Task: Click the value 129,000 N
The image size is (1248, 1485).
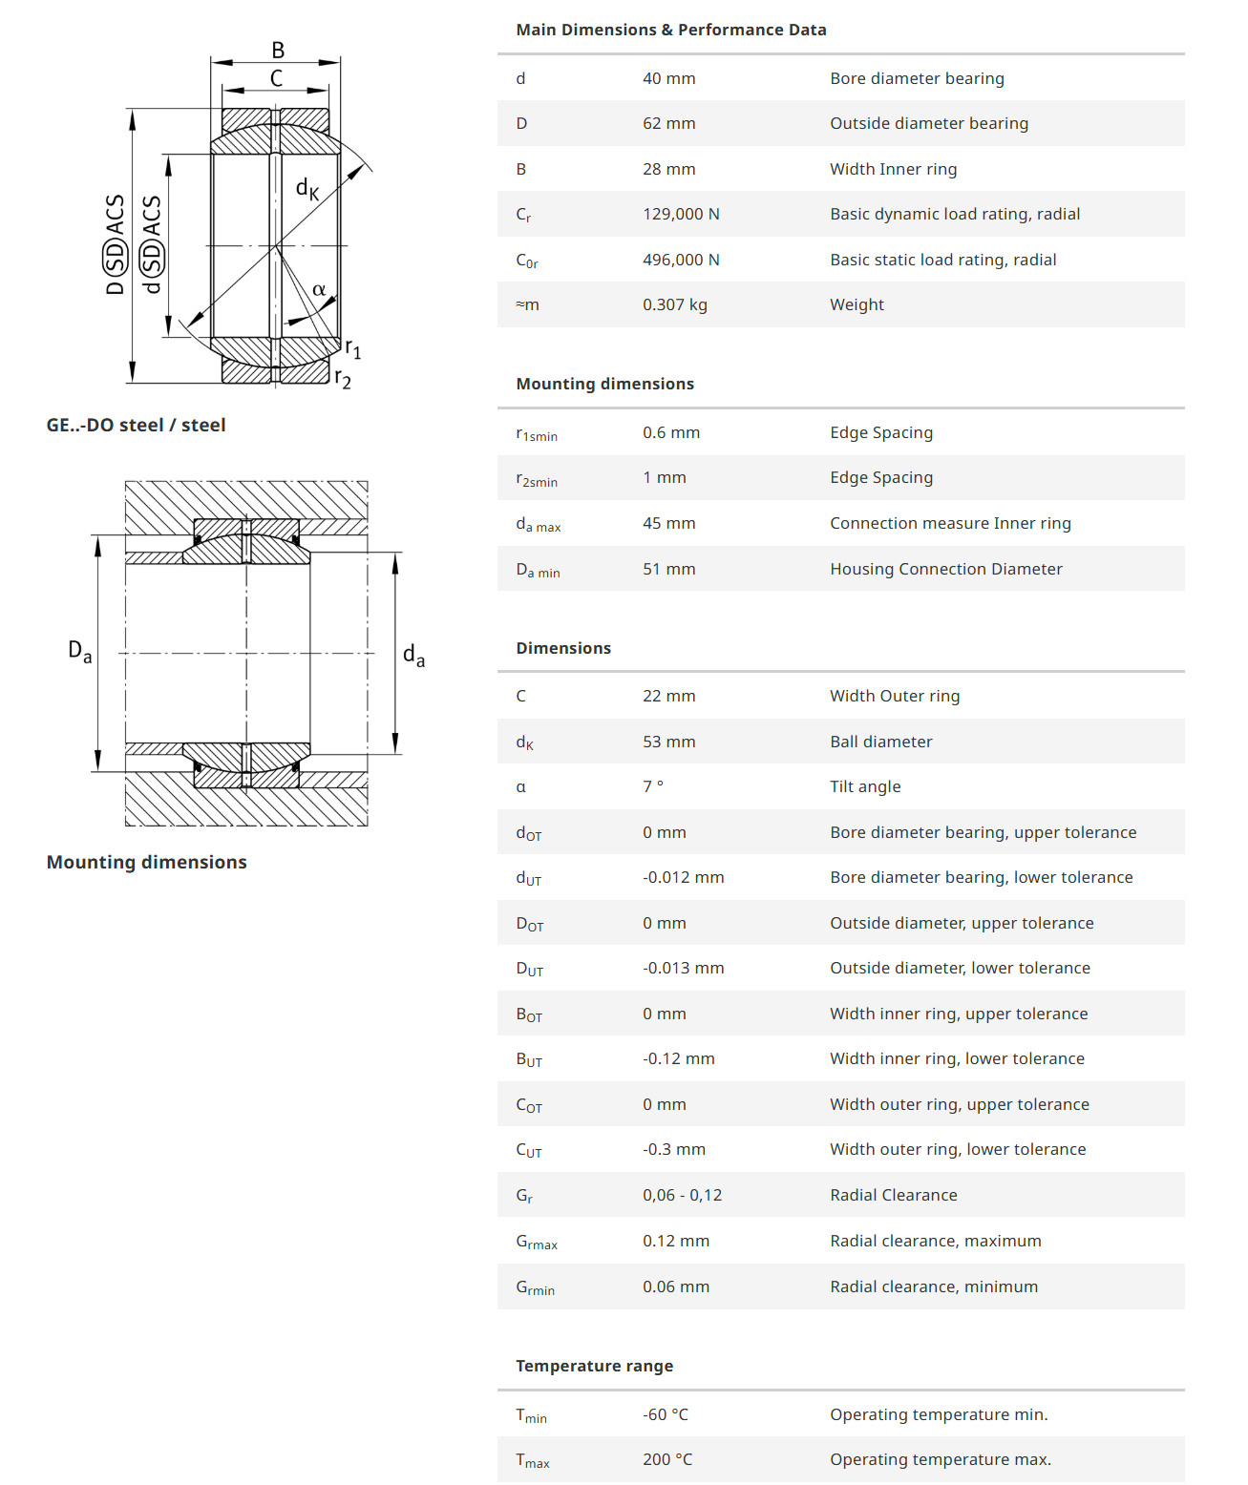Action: (681, 214)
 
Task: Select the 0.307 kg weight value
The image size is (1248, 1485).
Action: (674, 304)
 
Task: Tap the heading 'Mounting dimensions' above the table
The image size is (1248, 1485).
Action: (604, 384)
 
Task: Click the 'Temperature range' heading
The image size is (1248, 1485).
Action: (594, 1366)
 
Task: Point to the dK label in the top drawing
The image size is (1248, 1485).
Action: (307, 189)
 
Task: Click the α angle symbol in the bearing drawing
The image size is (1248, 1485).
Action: (319, 290)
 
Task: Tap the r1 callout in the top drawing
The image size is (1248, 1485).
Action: (352, 349)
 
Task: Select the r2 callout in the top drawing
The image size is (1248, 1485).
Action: (343, 379)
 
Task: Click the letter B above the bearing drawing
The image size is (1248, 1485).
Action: (278, 51)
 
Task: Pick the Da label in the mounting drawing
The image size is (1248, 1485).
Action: (80, 652)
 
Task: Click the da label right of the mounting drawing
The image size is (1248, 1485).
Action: (413, 655)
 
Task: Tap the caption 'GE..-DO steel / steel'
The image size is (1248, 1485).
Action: (136, 425)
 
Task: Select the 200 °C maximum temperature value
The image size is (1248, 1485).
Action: (667, 1459)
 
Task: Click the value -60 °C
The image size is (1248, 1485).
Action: (665, 1414)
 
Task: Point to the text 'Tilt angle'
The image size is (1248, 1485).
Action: (864, 786)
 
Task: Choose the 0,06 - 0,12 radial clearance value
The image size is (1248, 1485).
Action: (682, 1195)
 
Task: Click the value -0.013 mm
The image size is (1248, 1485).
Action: (683, 968)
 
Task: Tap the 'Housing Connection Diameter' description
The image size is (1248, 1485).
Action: (945, 569)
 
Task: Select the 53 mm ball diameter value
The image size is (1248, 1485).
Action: (668, 742)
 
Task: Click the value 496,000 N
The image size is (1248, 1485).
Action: (681, 260)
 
